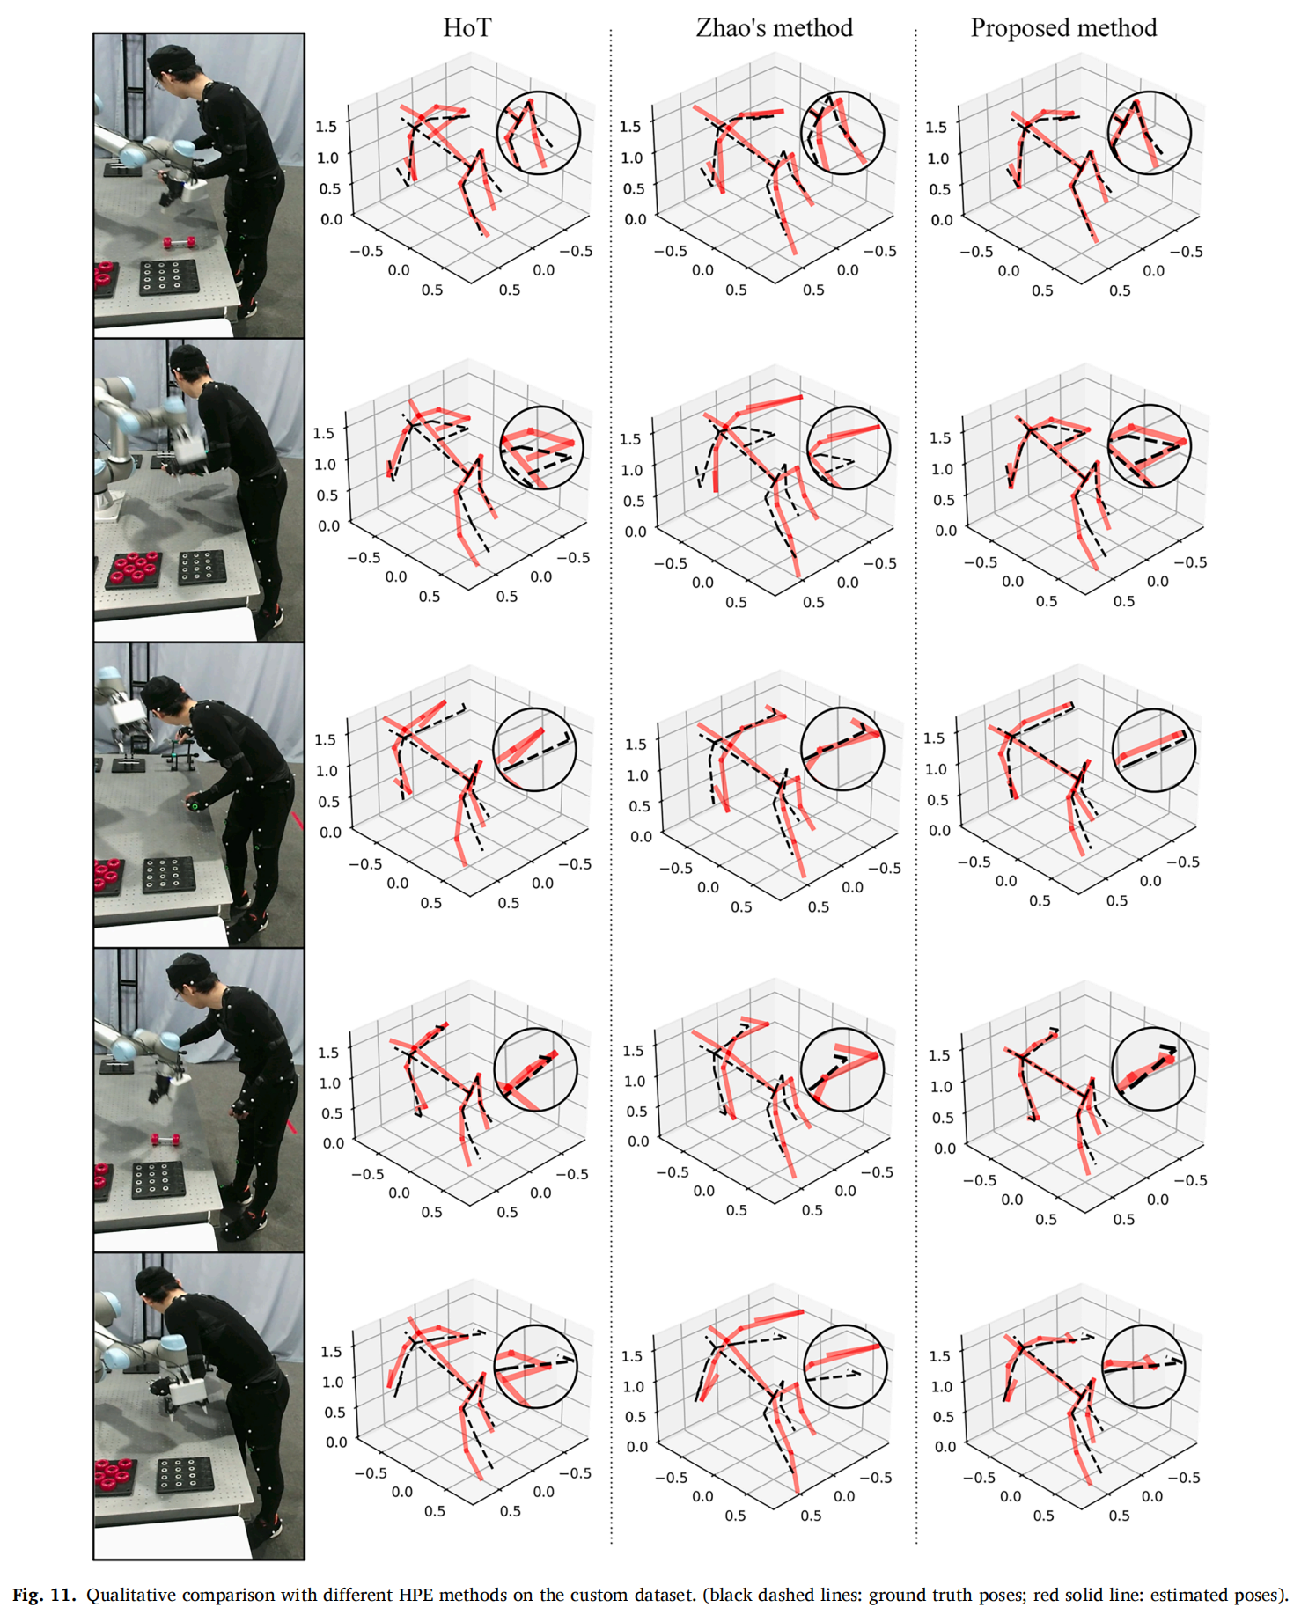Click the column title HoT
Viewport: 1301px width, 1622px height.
467,28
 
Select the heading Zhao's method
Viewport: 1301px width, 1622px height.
774,28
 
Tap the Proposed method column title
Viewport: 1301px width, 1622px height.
1063,28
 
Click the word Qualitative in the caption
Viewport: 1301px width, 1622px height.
130,1595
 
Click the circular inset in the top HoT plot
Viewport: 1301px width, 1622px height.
539,133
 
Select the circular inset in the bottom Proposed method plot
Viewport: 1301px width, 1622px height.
1143,1367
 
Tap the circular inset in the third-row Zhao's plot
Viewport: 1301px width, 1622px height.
842,749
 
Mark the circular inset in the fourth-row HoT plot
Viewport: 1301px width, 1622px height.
535,1070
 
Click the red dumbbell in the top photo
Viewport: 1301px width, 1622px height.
179,242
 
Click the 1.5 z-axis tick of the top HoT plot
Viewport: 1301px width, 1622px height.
326,127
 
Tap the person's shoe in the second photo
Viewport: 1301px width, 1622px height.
270,618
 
